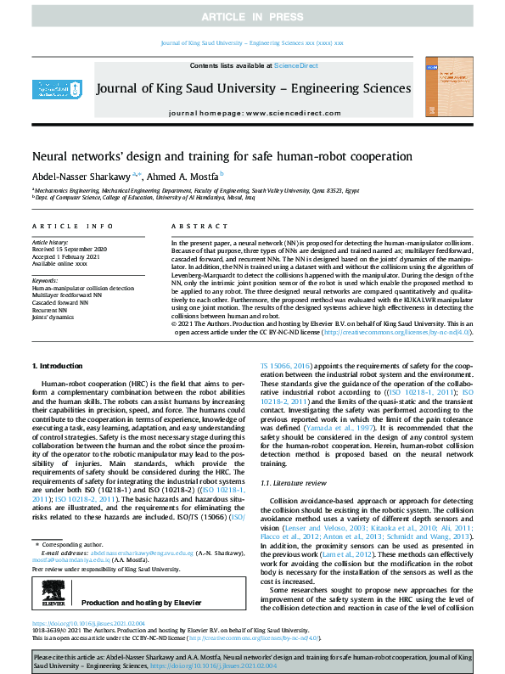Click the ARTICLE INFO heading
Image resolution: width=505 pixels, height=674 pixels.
pos(72,227)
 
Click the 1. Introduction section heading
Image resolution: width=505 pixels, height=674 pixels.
pos(57,366)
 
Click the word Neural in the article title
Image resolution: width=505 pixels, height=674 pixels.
pos(51,157)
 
